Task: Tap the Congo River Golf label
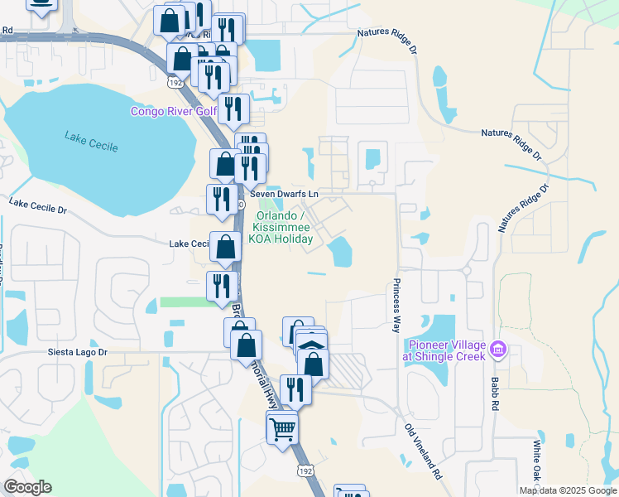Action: pos(170,112)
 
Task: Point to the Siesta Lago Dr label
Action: pos(74,351)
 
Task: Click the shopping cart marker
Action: pos(282,427)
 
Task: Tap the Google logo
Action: pos(27,487)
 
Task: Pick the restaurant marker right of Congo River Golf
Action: pos(234,109)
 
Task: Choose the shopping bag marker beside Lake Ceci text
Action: pos(225,246)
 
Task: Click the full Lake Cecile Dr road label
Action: pos(37,205)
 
